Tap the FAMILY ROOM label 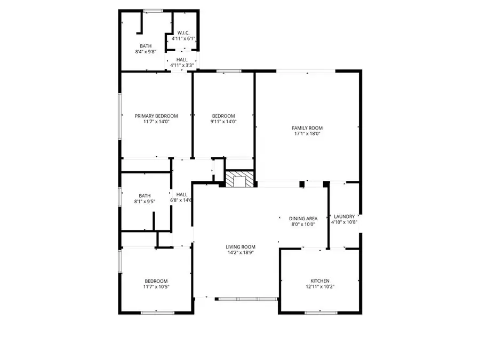click(x=307, y=128)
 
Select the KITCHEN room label click(x=320, y=281)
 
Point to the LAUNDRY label click(x=343, y=217)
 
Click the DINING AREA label click(x=303, y=219)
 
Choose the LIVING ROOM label click(x=240, y=247)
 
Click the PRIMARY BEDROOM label click(x=156, y=116)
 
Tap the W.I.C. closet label click(x=183, y=33)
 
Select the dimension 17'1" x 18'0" click(x=307, y=134)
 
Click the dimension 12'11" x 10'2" click(x=320, y=287)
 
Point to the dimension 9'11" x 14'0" click(x=223, y=122)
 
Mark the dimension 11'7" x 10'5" click(x=156, y=287)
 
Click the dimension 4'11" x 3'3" click(x=181, y=66)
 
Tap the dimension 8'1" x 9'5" click(x=145, y=202)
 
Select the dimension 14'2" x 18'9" click(x=240, y=253)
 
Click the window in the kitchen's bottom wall click(x=320, y=312)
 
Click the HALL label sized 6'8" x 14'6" click(x=181, y=195)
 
